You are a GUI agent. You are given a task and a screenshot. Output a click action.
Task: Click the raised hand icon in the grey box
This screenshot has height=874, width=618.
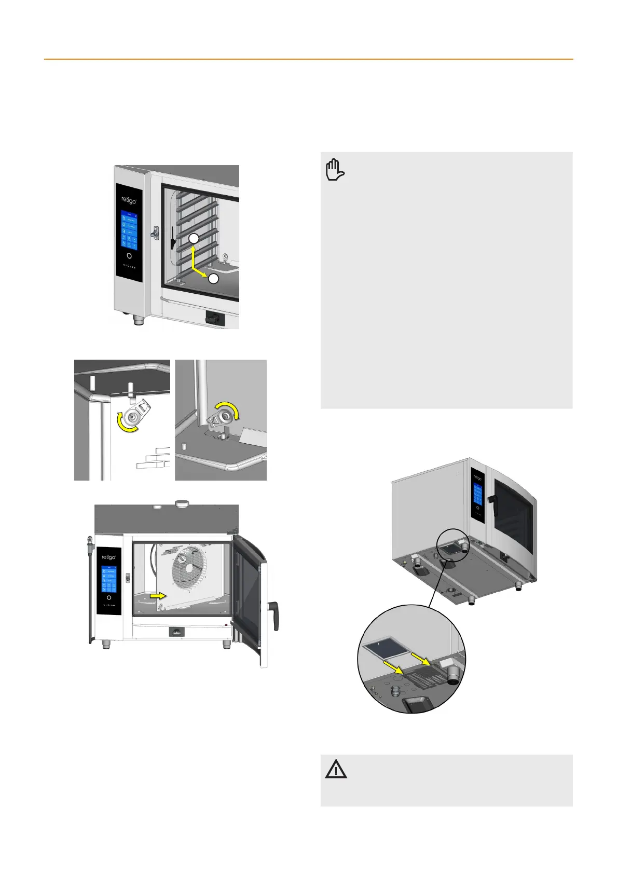click(335, 170)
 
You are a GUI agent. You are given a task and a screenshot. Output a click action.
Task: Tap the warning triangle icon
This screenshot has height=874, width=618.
click(336, 769)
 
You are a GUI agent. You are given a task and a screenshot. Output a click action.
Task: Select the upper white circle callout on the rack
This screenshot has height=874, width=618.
click(193, 239)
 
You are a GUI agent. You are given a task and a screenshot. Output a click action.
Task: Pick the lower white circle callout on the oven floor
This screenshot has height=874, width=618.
click(214, 279)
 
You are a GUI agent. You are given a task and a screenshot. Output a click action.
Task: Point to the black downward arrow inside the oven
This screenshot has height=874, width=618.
click(173, 238)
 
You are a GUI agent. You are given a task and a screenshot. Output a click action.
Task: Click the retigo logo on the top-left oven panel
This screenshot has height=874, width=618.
click(129, 200)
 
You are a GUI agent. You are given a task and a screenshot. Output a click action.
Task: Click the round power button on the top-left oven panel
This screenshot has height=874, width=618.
click(129, 256)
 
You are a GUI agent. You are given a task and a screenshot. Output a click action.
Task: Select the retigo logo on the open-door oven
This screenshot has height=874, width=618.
click(108, 557)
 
